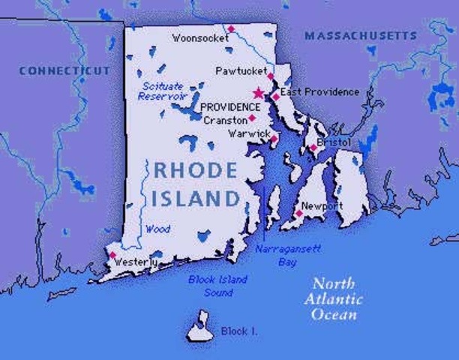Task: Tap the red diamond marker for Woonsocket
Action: coord(231,29)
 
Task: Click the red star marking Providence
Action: coord(259,93)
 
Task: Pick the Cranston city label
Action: coord(225,120)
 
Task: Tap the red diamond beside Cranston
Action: coord(252,118)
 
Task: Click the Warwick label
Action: coord(247,133)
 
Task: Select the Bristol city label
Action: coord(334,142)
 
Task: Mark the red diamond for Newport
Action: coord(298,214)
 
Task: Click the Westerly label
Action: coord(136,262)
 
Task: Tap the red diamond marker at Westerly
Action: coord(112,255)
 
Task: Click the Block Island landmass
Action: coord(199,326)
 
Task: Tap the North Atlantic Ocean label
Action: coord(337,298)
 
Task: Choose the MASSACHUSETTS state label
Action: coord(360,36)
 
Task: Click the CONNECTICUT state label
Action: coord(64,70)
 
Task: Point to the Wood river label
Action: coord(157,229)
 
